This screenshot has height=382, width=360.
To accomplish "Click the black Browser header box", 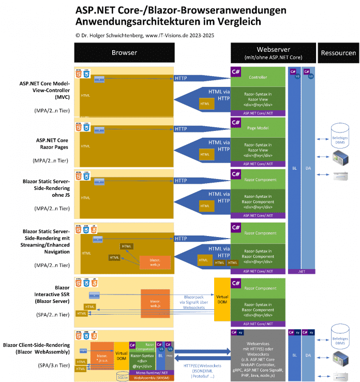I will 124,53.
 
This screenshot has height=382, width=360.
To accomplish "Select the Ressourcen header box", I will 338,53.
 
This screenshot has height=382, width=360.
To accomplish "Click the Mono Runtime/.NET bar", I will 152,372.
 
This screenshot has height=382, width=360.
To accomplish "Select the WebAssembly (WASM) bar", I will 152,378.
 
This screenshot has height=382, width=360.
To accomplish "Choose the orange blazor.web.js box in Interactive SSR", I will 155,303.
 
